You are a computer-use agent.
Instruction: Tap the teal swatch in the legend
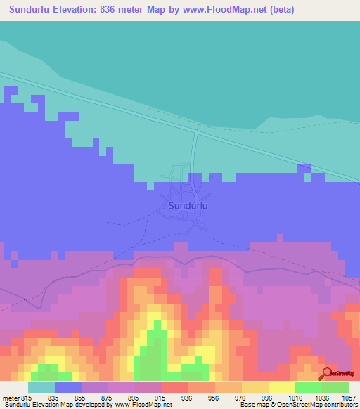click(41, 387)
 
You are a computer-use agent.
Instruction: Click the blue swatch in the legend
click(68, 387)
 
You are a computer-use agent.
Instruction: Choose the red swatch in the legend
click(176, 387)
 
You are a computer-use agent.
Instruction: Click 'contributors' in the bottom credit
click(340, 405)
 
